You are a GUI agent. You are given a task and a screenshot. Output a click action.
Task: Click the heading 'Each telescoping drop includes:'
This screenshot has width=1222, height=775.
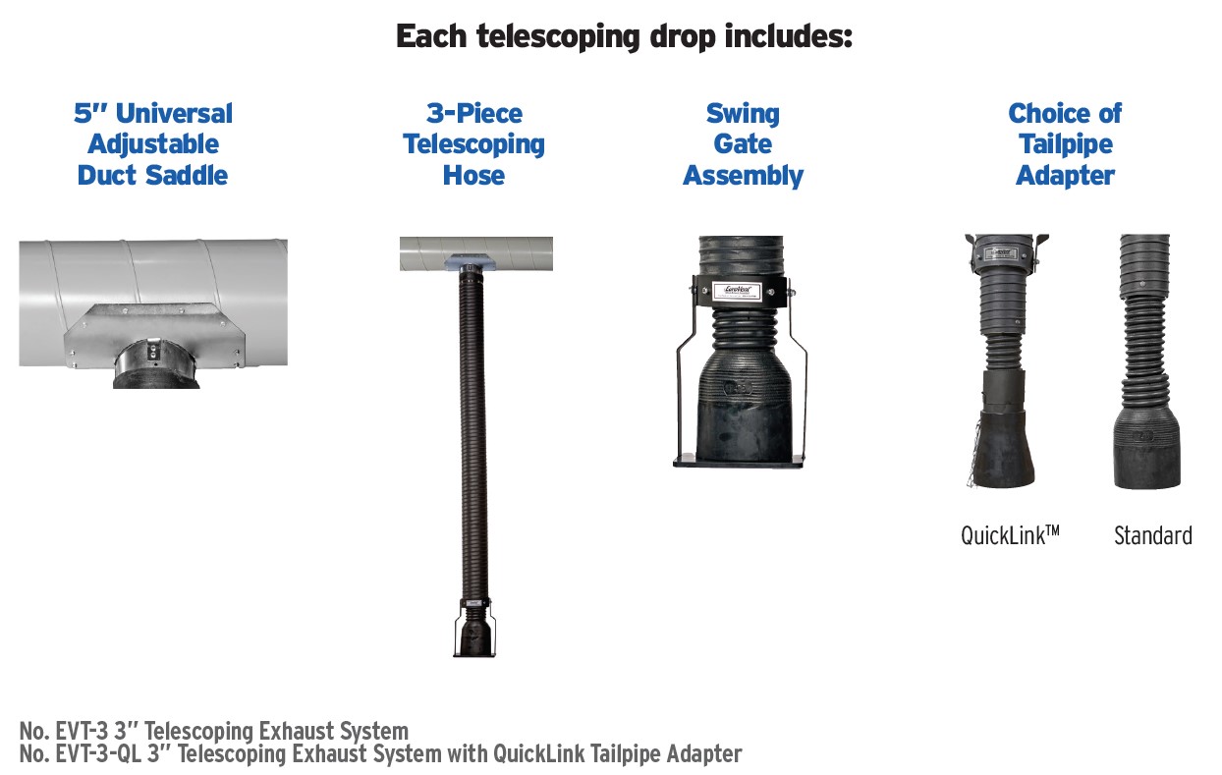pos(624,37)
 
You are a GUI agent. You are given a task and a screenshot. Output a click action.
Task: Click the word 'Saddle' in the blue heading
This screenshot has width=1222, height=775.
pos(187,175)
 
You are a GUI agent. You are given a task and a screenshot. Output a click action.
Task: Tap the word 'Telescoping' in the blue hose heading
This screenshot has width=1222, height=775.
pos(473,145)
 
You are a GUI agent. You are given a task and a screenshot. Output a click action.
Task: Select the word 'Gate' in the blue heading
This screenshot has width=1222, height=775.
pos(743,144)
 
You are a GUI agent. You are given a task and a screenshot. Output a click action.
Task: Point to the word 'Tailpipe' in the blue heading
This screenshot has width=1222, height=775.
pos(1065,145)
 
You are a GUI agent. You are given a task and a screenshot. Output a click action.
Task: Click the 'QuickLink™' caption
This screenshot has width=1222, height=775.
pos(1010,535)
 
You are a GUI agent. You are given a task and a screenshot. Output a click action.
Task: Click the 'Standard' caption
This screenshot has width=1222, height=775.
pos(1152,535)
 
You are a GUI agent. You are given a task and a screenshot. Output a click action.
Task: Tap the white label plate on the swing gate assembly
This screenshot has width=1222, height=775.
pos(737,291)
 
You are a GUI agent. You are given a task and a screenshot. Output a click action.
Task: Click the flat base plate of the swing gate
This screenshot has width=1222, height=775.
pos(738,462)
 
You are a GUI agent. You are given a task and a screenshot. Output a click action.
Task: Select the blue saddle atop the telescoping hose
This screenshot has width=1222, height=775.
pos(470,263)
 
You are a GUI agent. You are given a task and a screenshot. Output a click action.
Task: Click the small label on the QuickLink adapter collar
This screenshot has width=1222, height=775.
pos(1002,253)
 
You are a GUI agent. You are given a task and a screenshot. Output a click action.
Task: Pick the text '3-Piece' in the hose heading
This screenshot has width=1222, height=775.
pos(474,113)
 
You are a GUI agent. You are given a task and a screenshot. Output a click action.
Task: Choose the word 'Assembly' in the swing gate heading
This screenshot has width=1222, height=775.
pos(743,176)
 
